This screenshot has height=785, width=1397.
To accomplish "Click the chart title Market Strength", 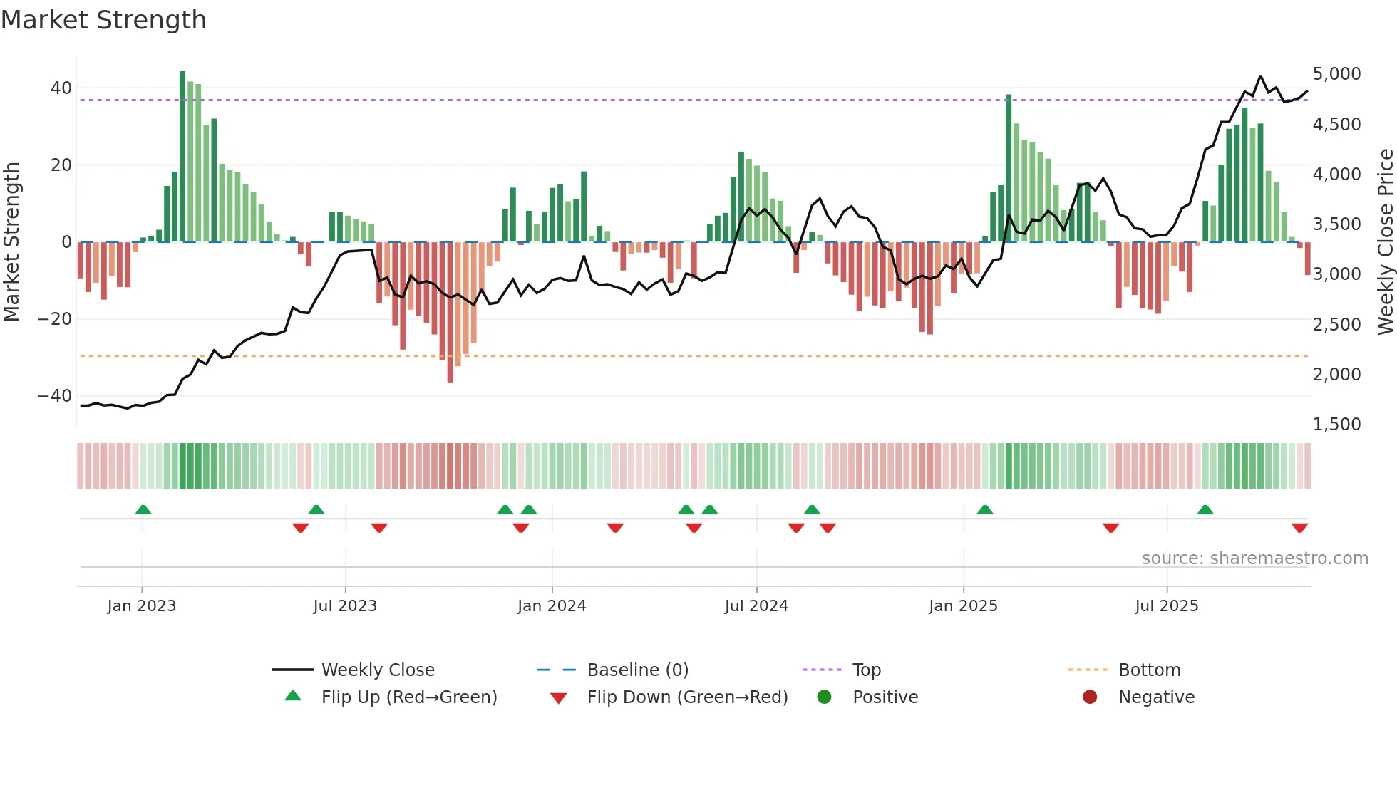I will [x=103, y=20].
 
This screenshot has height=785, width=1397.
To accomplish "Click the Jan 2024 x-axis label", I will [x=552, y=606].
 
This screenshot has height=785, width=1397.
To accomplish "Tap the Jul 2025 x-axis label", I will [x=1167, y=606].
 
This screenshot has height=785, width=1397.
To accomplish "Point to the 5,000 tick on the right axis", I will [x=1336, y=74].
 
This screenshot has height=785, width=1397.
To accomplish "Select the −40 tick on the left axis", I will [x=55, y=396].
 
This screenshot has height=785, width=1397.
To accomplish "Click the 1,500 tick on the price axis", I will [x=1336, y=425].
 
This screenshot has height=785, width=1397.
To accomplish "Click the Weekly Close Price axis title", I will [x=1385, y=242].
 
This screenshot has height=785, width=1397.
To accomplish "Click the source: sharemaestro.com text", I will [x=1254, y=558].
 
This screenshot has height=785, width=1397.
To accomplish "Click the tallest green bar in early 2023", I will [x=182, y=157].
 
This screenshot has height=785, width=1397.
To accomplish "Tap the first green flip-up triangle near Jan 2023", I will [x=143, y=510].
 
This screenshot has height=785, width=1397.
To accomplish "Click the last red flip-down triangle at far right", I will [x=1299, y=528].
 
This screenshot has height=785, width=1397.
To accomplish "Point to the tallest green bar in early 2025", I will [x=1009, y=168].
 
